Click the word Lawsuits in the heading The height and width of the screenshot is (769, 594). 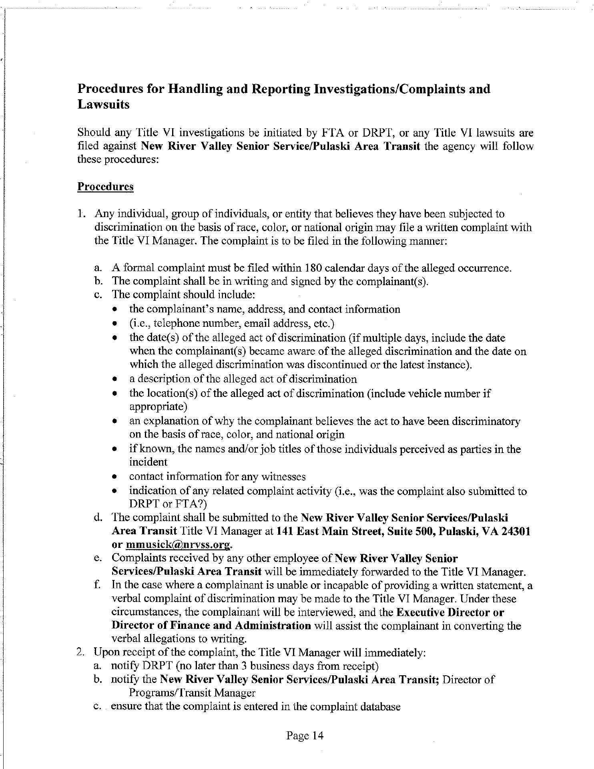point(103,105)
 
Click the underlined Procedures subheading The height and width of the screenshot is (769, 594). point(105,187)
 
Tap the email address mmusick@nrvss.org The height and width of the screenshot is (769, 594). point(179,545)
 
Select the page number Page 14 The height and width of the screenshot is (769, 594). point(305,735)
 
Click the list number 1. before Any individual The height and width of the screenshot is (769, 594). point(82,214)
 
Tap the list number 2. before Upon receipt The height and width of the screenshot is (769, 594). point(81,652)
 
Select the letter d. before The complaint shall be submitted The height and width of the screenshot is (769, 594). point(98,518)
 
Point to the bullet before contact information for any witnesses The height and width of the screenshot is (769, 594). point(115,477)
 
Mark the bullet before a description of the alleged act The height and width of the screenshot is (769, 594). point(115,379)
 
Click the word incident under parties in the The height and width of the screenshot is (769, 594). point(148,462)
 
